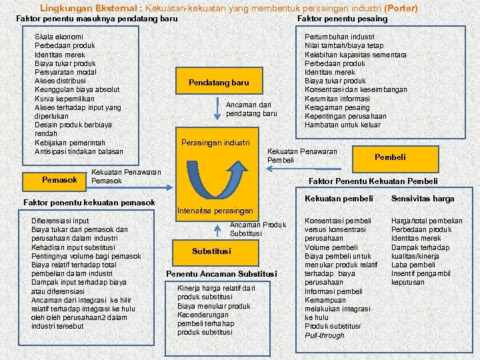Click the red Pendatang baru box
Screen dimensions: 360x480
(x=219, y=83)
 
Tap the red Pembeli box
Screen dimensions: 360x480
(x=390, y=157)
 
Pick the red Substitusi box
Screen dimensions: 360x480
(x=211, y=251)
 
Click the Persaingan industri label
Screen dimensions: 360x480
(x=215, y=143)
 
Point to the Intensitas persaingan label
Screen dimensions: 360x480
(x=215, y=211)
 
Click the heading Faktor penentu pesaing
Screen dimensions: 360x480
(x=341, y=19)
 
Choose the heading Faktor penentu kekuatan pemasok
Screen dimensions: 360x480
(x=89, y=203)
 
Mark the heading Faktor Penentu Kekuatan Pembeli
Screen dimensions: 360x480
(x=373, y=181)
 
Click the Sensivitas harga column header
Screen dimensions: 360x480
(x=423, y=199)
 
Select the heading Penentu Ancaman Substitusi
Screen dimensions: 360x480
(x=221, y=274)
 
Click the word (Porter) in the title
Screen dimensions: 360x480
(x=401, y=9)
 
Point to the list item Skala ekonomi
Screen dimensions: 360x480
(x=59, y=37)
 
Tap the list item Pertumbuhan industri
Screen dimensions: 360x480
(x=339, y=37)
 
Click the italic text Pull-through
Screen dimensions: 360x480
(x=325, y=335)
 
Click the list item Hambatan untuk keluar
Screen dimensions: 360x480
(x=343, y=125)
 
